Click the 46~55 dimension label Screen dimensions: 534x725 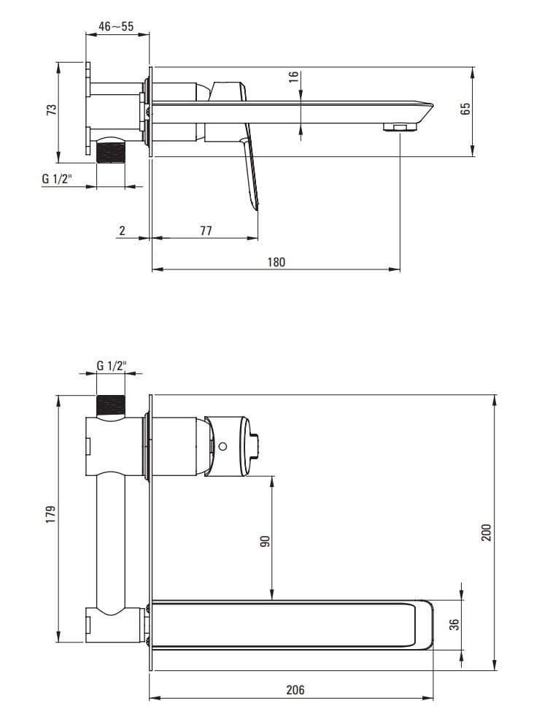[115, 26]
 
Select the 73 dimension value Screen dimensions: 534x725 [52, 110]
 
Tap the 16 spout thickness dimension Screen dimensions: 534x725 [293, 77]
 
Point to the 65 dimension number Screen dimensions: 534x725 [465, 109]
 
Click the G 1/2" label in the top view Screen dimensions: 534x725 [57, 178]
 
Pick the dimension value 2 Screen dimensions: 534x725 [122, 230]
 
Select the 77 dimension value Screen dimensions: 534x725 [206, 230]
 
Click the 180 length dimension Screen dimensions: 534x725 [276, 262]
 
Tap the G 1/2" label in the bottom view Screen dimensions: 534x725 [112, 366]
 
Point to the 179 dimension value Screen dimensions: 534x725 [50, 514]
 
